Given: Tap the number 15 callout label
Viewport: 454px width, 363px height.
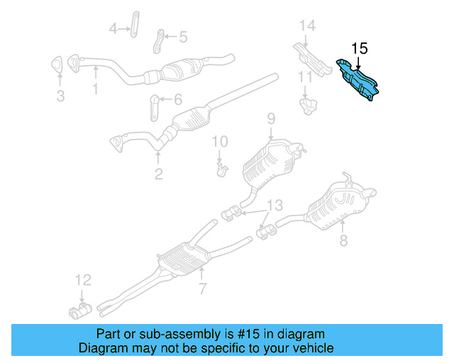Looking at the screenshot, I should (x=360, y=48).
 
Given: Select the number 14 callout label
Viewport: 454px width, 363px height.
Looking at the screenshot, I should (x=306, y=26).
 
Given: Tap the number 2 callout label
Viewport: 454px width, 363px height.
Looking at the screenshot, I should (x=158, y=174).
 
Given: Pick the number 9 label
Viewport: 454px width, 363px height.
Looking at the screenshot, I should (x=270, y=119).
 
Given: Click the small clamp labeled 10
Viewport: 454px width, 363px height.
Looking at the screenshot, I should (x=222, y=169).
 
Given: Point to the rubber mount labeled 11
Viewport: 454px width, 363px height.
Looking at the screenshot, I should (x=306, y=105).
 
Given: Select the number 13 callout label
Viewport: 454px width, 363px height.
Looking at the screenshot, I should (x=274, y=206).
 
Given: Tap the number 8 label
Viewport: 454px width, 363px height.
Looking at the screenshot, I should (x=343, y=241).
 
